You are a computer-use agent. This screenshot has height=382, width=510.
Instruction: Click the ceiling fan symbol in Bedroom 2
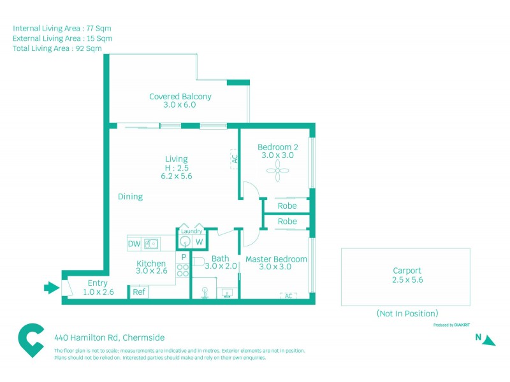(x=277, y=167)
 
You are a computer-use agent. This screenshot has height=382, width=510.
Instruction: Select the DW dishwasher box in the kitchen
(x=134, y=243)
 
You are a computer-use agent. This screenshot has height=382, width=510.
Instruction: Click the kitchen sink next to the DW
(x=151, y=243)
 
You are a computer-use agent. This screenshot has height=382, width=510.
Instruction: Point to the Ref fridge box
(x=139, y=292)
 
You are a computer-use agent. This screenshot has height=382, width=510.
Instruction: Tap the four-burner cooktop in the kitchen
(x=183, y=270)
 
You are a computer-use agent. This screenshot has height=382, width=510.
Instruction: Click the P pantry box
(x=183, y=257)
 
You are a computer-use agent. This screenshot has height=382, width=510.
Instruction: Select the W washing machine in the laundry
(x=200, y=242)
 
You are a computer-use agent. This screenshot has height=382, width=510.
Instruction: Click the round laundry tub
(x=184, y=242)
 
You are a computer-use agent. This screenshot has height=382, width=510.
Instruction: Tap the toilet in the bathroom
(x=198, y=262)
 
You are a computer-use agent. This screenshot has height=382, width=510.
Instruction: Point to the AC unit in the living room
(x=234, y=158)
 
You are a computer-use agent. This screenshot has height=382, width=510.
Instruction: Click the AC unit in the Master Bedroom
(x=288, y=295)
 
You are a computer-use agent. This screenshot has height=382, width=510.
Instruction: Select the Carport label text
(x=406, y=271)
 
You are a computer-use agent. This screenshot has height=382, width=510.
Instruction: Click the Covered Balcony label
(x=180, y=97)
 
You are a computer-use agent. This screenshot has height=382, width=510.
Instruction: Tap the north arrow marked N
(x=488, y=340)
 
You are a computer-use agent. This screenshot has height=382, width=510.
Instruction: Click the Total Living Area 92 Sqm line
(x=57, y=48)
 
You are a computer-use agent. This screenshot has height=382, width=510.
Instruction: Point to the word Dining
(x=130, y=197)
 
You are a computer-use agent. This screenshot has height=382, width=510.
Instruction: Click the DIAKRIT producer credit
(x=460, y=325)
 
